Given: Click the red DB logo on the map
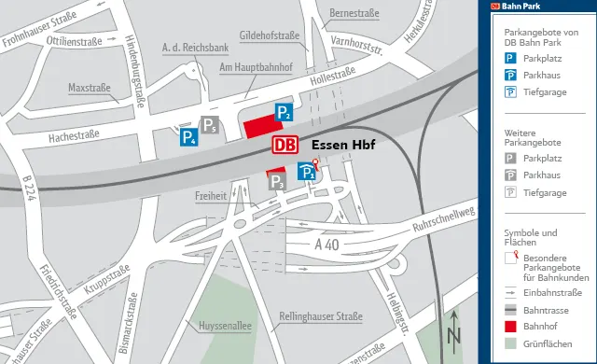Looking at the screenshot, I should pyautogui.click(x=286, y=146).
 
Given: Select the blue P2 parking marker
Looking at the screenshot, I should pyautogui.click(x=284, y=115).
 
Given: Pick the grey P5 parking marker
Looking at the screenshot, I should pyautogui.click(x=212, y=125).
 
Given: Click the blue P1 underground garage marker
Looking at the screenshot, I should pyautogui.click(x=306, y=172).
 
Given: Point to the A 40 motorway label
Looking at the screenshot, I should pyautogui.click(x=326, y=245).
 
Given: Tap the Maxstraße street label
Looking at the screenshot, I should pyautogui.click(x=89, y=89).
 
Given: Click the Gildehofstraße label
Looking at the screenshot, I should pyautogui.click(x=269, y=36).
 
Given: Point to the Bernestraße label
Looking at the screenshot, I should pyautogui.click(x=355, y=13).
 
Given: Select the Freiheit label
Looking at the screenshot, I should pyautogui.click(x=212, y=197).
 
